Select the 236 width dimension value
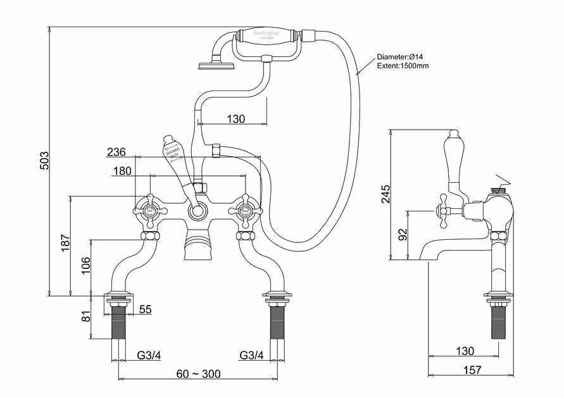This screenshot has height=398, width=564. (116, 152)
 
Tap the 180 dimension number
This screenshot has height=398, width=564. (122, 171)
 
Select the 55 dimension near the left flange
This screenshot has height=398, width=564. (145, 309)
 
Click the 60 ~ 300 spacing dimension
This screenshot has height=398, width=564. (199, 374)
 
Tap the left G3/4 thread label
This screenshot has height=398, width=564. (149, 355)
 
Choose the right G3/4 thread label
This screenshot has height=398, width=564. (253, 355)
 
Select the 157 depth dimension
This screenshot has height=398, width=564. (472, 370)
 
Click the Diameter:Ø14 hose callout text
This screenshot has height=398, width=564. (399, 57)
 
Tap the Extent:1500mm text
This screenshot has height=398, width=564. (403, 66)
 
